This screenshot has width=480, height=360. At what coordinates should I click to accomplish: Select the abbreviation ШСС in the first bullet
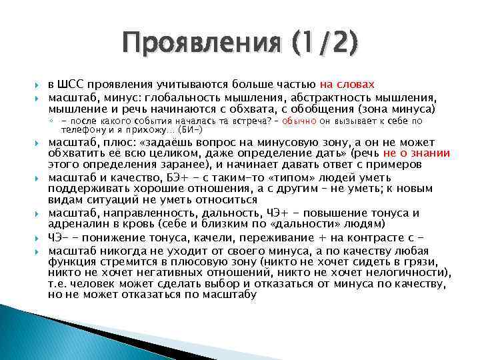74,85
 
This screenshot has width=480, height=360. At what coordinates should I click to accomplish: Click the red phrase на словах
347,85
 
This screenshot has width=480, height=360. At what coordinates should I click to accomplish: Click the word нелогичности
402,273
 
